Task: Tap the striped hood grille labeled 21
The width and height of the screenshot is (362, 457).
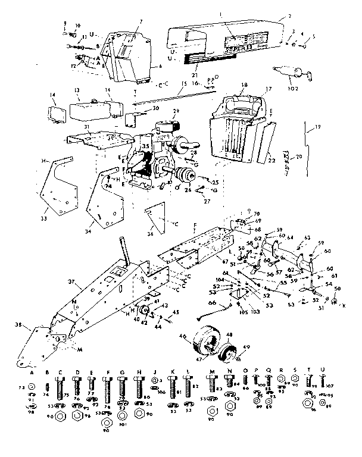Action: [196, 60]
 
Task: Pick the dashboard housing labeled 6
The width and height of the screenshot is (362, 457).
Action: [127, 60]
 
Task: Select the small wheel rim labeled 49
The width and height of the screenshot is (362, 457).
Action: [227, 355]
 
